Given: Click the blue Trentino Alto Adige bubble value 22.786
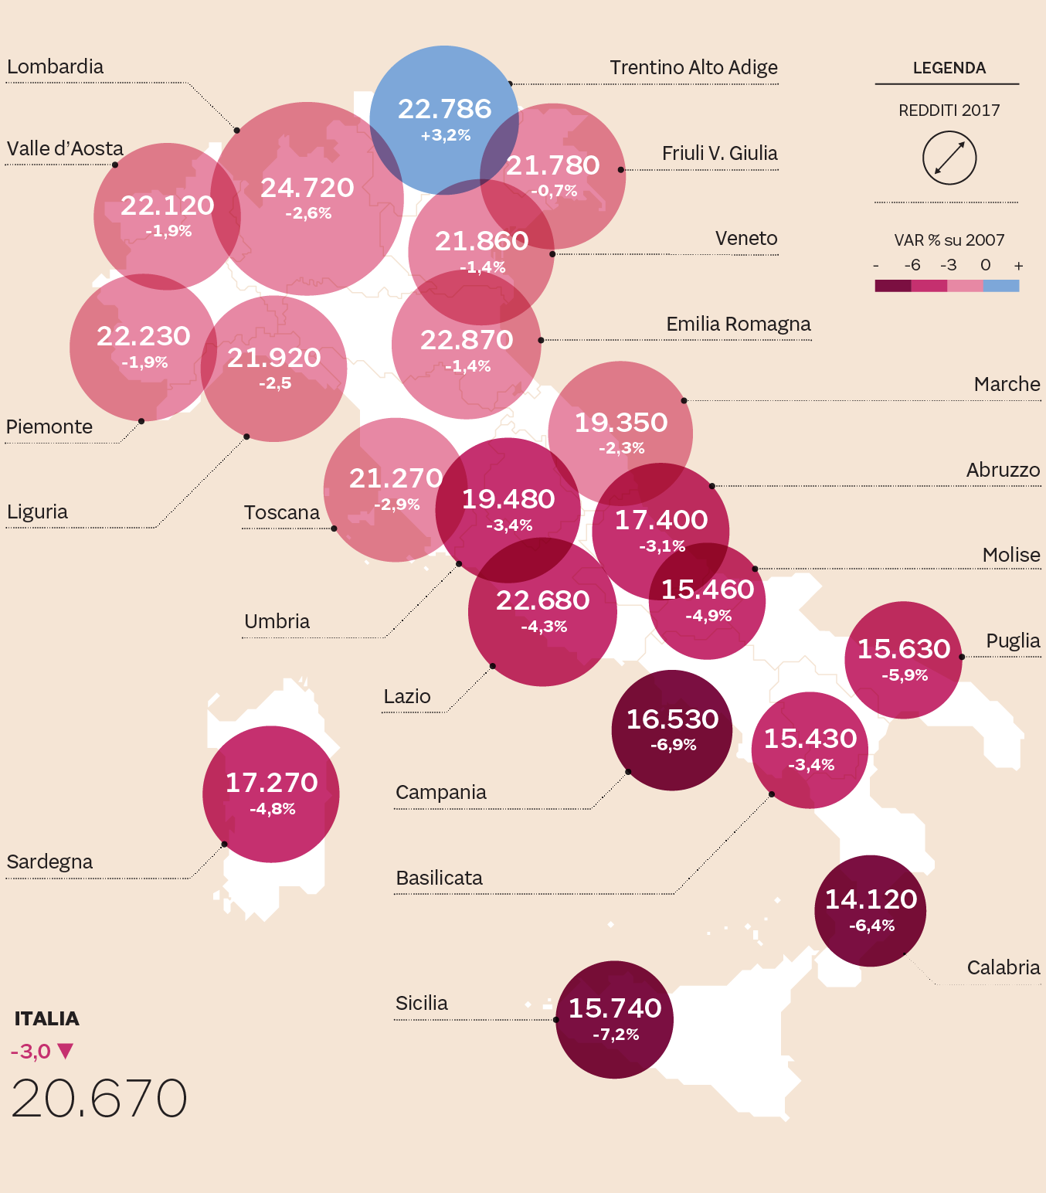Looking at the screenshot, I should tap(444, 109).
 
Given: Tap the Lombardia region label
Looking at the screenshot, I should tap(55, 67).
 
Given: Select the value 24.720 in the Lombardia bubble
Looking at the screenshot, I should tap(307, 188).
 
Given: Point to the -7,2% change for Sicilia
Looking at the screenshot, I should tap(616, 1034).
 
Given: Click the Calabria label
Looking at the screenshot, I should tap(1003, 967).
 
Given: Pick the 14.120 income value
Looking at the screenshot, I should tap(871, 899).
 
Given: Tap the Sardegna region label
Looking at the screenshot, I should tap(49, 862).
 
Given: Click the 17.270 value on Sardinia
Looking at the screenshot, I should tap(271, 783).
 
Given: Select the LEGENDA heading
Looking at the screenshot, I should tap(949, 68).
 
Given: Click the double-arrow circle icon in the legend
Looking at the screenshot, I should tap(949, 158).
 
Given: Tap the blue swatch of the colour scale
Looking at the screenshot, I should tap(1001, 286).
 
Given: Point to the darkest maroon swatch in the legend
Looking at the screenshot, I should tap(892, 286).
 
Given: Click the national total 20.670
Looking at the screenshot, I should tap(99, 1098).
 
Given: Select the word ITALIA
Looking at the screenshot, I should tap(46, 1018).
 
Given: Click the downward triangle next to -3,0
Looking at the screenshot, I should tap(65, 1051).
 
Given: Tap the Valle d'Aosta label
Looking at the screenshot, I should tap(65, 148).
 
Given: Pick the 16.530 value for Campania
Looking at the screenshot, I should tap(672, 719).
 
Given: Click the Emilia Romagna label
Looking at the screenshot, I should tap(738, 324).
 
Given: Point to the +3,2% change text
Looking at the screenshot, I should tap(446, 135).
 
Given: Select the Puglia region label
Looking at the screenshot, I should tap(1012, 641).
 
